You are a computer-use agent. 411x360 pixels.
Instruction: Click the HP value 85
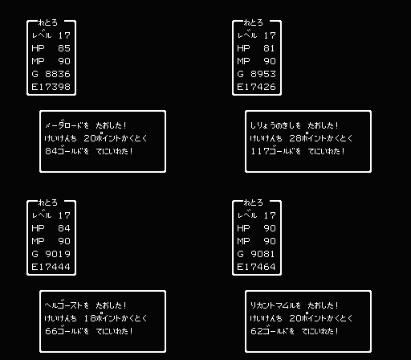64,48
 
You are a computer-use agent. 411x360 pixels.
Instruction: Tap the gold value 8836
58,74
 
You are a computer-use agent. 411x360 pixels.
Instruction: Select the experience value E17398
51,87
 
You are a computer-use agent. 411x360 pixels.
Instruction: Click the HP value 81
269,48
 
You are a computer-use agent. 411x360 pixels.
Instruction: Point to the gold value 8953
263,74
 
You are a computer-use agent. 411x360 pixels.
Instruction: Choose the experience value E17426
256,87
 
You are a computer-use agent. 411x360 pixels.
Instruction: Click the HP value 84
64,228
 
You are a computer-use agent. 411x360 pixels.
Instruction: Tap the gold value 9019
58,254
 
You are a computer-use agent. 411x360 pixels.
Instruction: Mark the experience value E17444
51,267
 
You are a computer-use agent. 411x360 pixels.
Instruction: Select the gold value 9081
262,254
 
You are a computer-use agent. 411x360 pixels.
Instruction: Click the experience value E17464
256,267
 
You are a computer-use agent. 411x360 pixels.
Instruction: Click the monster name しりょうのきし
272,125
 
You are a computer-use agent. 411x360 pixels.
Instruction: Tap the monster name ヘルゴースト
63,305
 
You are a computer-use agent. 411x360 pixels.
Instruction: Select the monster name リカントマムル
272,305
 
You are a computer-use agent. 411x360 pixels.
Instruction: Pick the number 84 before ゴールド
51,151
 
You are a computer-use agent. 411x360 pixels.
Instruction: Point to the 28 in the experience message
295,138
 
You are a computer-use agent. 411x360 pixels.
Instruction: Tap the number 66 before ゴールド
51,331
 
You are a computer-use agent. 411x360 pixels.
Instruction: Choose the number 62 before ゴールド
257,331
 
